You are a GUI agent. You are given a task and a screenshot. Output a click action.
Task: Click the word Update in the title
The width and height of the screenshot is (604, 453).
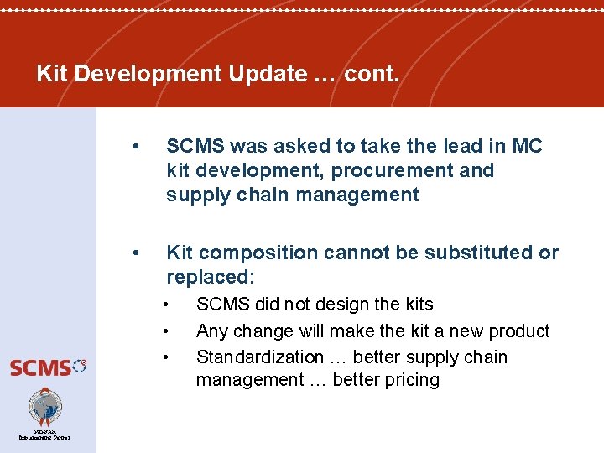[263, 74]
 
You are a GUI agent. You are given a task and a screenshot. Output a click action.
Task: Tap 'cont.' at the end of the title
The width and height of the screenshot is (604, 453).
[372, 74]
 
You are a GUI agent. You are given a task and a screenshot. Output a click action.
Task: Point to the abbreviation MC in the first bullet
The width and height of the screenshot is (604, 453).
[527, 146]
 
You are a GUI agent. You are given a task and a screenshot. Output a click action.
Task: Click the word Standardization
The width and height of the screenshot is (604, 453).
[259, 357]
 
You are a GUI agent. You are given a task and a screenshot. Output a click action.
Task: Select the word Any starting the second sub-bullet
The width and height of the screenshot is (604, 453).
[212, 331]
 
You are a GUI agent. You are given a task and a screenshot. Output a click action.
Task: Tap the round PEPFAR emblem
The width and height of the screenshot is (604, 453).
[45, 407]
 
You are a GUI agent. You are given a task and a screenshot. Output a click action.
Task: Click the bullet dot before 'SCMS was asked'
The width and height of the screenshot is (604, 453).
[137, 146]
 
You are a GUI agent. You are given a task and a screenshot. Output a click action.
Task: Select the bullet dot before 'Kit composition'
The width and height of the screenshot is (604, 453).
[137, 253]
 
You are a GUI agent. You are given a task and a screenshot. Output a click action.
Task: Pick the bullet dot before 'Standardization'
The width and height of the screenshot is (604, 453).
[169, 357]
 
